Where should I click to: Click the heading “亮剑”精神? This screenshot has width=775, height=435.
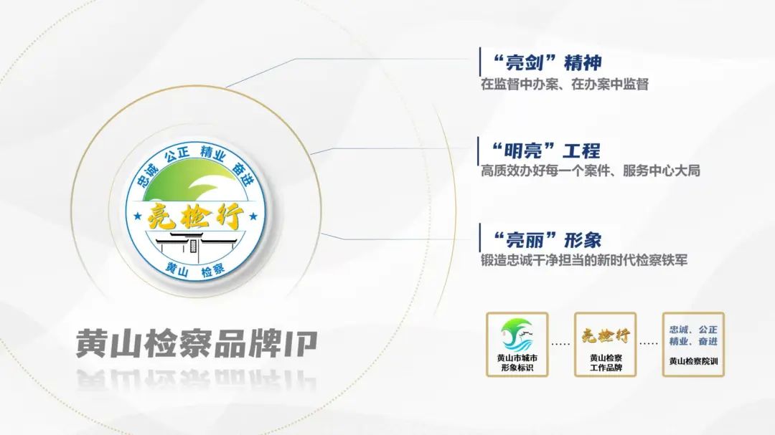point(548,63)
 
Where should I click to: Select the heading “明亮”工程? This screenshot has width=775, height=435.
point(546,150)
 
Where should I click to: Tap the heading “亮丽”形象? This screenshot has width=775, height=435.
point(548,240)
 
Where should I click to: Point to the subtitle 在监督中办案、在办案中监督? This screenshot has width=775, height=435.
point(565,85)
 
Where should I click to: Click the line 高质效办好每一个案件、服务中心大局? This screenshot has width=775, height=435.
point(590,171)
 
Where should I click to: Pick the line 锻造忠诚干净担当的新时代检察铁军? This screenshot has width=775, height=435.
point(583,259)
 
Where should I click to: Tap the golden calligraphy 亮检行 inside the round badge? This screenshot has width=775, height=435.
point(196,216)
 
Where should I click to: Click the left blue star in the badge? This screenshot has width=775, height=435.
point(138,216)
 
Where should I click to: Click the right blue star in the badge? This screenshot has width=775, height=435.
point(253,216)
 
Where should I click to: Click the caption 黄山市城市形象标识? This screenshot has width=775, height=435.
point(517,363)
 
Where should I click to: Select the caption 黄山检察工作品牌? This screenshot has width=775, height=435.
point(606,363)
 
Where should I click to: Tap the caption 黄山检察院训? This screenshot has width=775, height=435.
point(693,361)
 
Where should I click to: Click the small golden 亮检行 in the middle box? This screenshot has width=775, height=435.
point(606,335)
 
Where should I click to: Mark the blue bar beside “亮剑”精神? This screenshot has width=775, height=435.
point(480,62)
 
